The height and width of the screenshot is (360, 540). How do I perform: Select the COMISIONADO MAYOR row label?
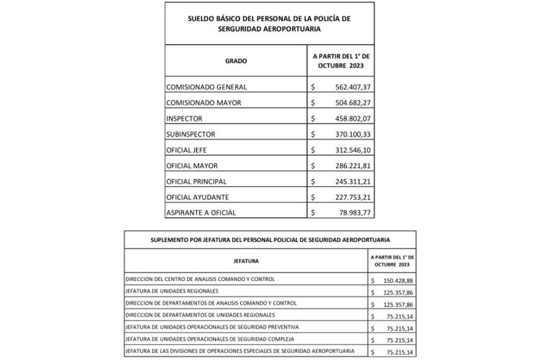pos(204,102)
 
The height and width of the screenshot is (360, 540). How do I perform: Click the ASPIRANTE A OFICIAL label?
pos(201,213)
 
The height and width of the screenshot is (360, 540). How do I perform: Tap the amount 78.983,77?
pos(352,213)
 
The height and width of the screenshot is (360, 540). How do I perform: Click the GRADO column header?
pos(236,61)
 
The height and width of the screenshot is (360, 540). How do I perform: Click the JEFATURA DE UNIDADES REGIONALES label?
pos(180,291)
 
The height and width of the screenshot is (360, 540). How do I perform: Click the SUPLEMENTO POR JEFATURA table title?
pos(269,239)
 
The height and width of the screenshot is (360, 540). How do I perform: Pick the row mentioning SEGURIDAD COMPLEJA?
pos(209,340)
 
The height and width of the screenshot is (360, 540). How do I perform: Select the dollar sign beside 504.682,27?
pos(313,102)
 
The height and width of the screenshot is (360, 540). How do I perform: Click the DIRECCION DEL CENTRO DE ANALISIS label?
pos(200,279)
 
